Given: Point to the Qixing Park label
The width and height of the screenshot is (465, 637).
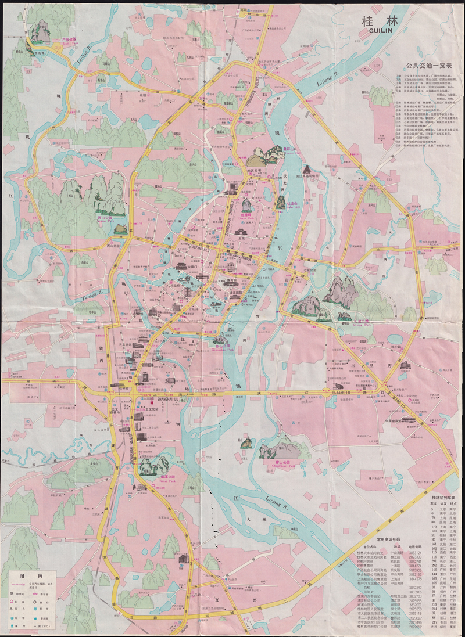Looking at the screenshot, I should (362, 323).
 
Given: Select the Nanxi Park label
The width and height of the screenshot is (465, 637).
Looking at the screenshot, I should (152, 480).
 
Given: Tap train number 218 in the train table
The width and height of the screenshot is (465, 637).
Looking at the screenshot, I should (434, 627).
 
